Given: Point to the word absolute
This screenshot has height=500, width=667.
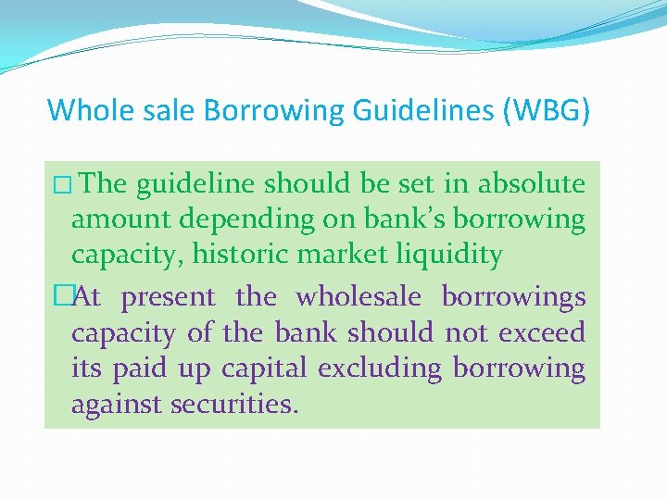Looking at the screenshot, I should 531,183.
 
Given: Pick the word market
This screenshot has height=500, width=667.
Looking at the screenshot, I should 336,254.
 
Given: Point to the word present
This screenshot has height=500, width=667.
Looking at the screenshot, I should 169,297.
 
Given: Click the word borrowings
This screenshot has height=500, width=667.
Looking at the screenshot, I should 513,297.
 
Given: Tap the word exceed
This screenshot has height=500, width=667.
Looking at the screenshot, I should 547,332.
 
